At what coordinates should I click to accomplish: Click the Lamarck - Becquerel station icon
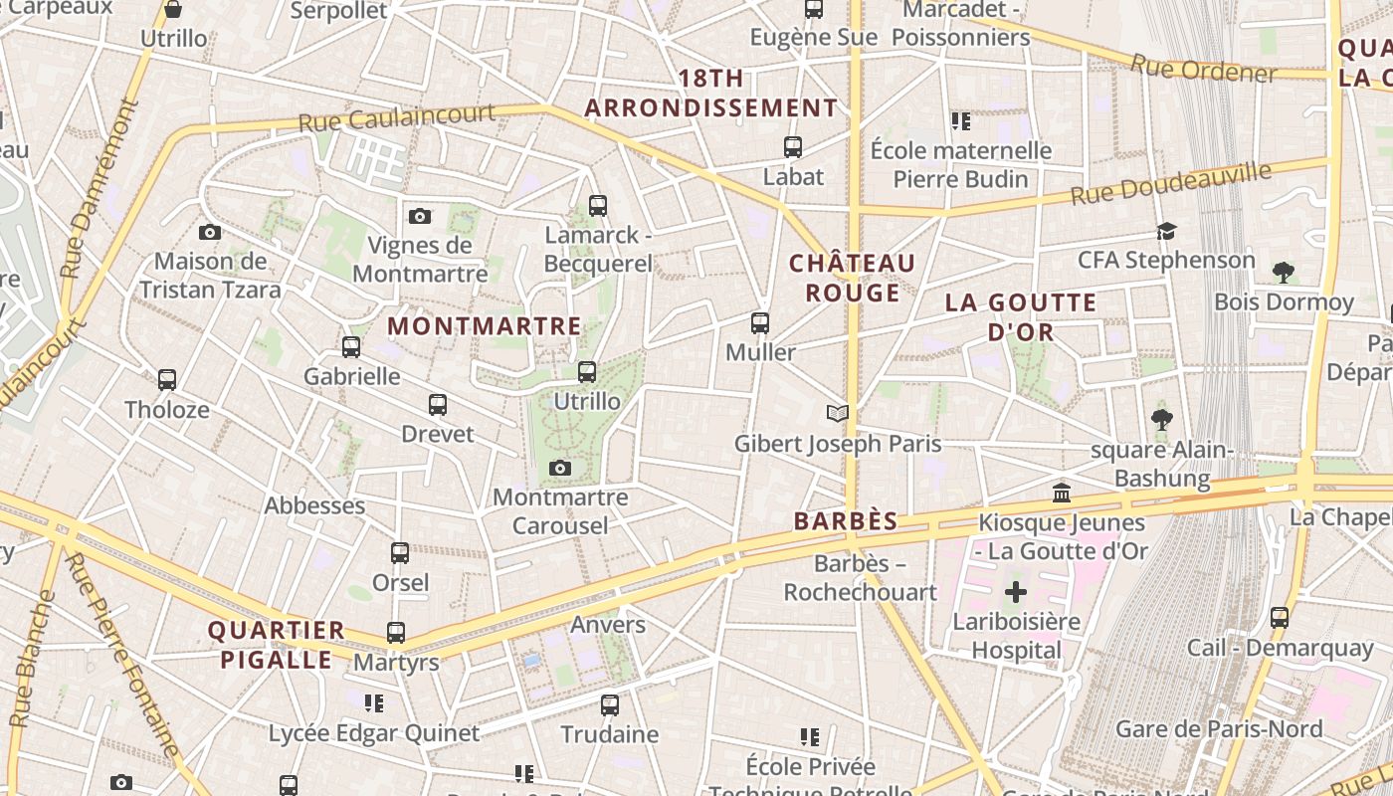coord(597,206)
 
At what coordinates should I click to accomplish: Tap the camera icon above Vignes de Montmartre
coord(420,216)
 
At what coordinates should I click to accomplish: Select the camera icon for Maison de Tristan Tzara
coord(209,232)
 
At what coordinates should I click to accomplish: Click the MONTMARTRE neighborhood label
coord(485,325)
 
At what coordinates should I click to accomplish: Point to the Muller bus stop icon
coord(760,323)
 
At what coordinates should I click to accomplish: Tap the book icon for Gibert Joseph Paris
coord(838,413)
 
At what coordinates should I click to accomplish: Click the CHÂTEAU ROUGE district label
coord(852,278)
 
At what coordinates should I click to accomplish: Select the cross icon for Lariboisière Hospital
coord(1015,593)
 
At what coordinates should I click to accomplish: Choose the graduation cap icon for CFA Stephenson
coord(1166,231)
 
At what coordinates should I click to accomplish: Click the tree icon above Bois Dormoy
coord(1284,272)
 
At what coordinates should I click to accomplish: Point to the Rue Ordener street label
coord(1202,69)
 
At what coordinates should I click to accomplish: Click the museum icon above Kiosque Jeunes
coord(1062,493)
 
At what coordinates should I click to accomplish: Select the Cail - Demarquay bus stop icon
coord(1280,617)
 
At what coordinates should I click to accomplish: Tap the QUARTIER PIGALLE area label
coord(276,645)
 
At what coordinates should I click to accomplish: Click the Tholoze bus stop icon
coord(167,380)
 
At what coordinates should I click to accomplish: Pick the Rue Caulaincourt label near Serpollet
coord(397,117)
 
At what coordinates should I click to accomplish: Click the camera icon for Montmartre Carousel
coord(560,468)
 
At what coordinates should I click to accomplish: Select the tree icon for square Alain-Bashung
coord(1161,419)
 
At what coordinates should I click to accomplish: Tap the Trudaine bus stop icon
coord(610,705)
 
